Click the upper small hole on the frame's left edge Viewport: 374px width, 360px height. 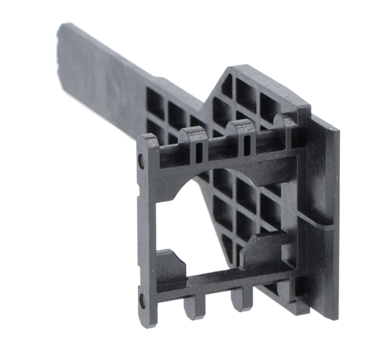[x=141, y=162]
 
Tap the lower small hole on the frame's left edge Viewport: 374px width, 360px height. [x=141, y=298]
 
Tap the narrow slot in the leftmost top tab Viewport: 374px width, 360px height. [x=197, y=151]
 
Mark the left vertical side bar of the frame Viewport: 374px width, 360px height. [x=152, y=225]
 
